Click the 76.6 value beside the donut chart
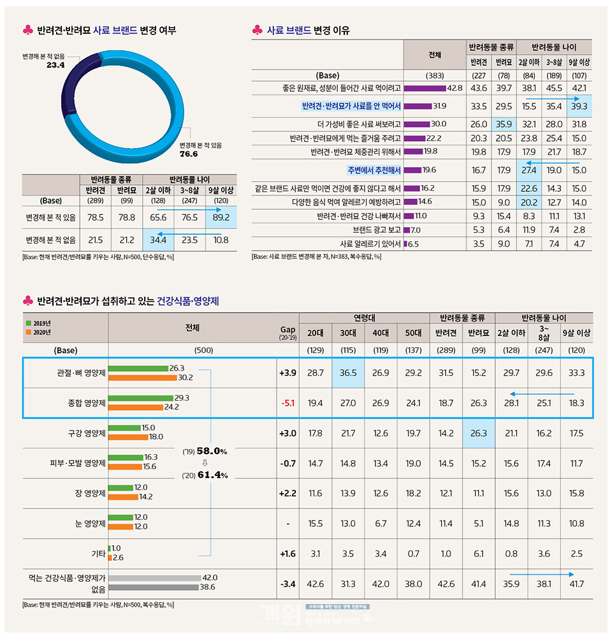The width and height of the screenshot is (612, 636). (x=189, y=154)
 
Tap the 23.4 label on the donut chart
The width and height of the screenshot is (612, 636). (x=55, y=65)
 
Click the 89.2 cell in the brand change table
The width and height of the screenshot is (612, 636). (x=222, y=217)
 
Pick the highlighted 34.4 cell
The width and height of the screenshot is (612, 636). (x=157, y=240)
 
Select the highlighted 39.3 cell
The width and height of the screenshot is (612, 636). (x=579, y=106)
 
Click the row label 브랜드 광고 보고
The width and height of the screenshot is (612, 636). (x=376, y=230)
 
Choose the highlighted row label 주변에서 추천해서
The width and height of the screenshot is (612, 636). (x=374, y=170)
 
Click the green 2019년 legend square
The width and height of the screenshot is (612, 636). (x=28, y=323)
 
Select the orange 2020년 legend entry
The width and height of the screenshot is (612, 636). (x=39, y=332)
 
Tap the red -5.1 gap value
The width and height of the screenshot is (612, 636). (x=288, y=403)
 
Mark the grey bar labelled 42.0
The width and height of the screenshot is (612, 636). (x=154, y=578)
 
